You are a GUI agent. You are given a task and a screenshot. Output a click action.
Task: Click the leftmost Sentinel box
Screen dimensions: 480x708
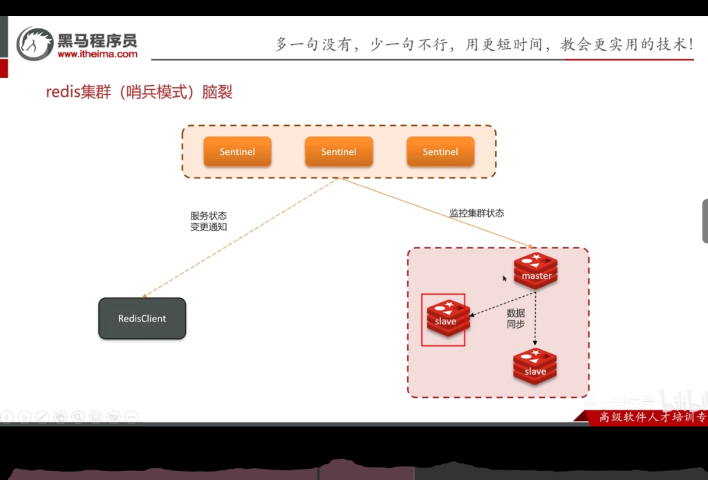pos(237,151)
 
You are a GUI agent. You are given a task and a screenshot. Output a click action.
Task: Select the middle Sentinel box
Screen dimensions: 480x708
pos(339,151)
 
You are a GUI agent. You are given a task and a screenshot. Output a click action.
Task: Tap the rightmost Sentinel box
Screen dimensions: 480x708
pos(440,151)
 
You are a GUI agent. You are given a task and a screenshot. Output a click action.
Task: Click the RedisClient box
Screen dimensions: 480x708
pos(142,318)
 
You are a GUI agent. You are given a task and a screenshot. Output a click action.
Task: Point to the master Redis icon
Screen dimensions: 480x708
pos(536,270)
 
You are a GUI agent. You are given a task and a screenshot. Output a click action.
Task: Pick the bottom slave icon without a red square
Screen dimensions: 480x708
pos(535,367)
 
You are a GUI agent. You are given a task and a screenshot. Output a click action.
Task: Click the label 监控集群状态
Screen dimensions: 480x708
pos(477,213)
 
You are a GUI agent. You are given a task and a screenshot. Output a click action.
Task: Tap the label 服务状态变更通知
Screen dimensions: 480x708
pos(208,221)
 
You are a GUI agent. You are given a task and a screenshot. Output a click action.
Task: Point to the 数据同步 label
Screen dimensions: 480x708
pos(516,318)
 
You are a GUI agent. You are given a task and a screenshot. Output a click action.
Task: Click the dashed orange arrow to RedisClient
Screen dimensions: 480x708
pos(242,235)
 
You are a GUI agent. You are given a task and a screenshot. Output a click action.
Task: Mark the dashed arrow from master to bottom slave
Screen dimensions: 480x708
pos(535,318)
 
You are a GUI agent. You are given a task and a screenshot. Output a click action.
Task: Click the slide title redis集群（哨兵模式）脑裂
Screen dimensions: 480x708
pos(139,92)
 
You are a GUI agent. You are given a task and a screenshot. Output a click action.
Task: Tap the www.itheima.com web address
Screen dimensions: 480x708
pos(97,54)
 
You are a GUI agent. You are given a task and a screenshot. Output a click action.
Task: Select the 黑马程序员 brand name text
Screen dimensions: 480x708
pos(97,39)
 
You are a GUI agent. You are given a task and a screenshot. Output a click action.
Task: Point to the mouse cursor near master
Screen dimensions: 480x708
pos(505,279)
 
